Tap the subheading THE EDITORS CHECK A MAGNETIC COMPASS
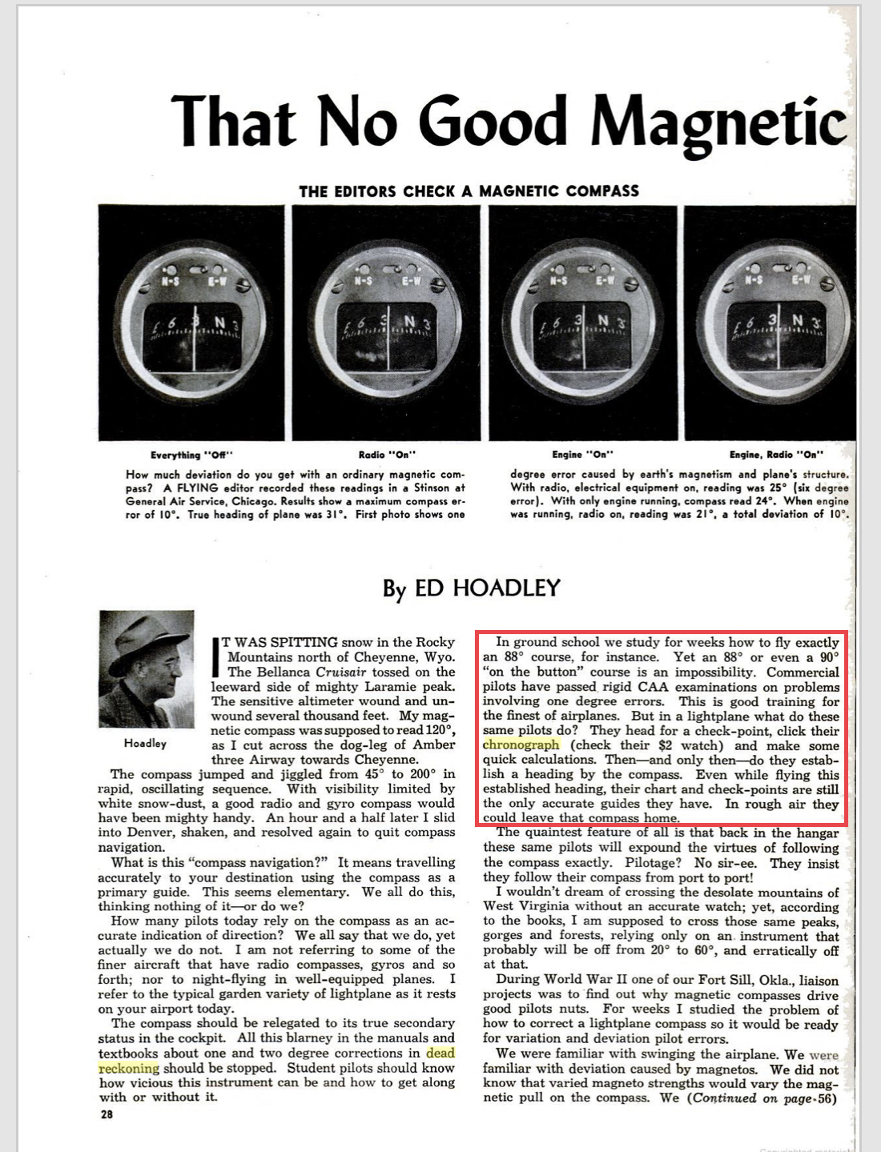(x=469, y=191)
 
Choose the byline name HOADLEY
(x=487, y=588)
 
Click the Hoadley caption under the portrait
(x=145, y=744)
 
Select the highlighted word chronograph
(x=521, y=745)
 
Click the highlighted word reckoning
(x=129, y=1069)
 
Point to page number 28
(x=107, y=1114)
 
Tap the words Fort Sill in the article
(x=724, y=980)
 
